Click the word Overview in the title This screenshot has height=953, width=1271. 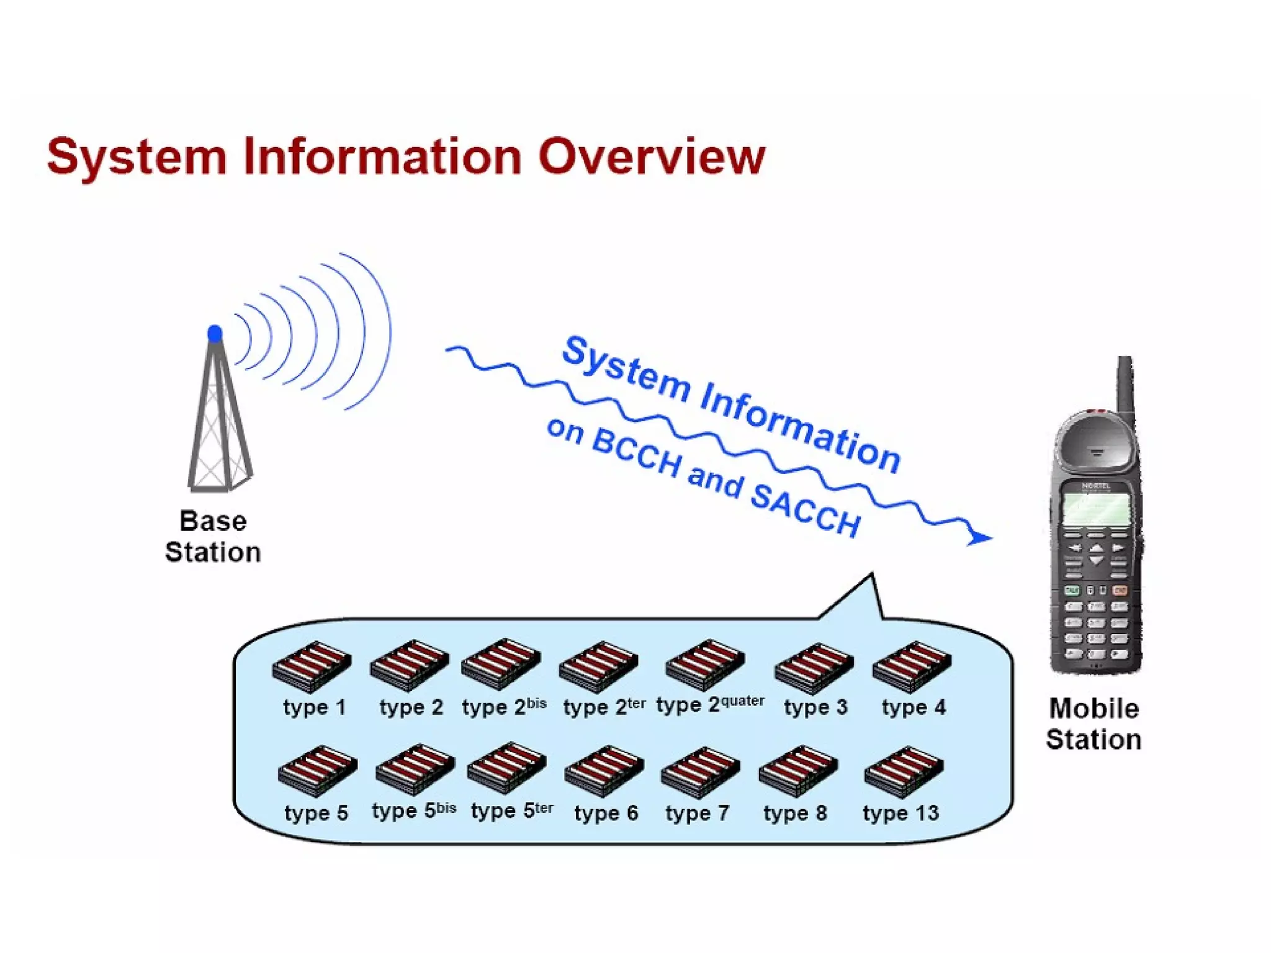click(652, 156)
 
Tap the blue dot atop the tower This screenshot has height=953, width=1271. click(215, 334)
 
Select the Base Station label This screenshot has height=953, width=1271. click(213, 537)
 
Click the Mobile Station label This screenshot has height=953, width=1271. click(1094, 724)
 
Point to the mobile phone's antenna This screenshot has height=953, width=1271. click(1125, 385)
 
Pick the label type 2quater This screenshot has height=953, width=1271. click(710, 704)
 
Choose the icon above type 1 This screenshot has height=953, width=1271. click(312, 666)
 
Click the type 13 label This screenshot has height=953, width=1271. click(900, 812)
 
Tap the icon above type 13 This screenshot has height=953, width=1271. click(904, 771)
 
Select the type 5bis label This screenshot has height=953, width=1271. click(414, 810)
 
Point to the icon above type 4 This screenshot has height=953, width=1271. click(912, 666)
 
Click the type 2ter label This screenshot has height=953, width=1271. click(604, 706)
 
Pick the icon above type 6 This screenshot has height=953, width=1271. click(604, 771)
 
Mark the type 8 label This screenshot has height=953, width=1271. click(795, 812)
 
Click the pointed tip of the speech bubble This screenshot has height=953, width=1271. click(871, 575)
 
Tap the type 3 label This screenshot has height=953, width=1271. click(815, 707)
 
